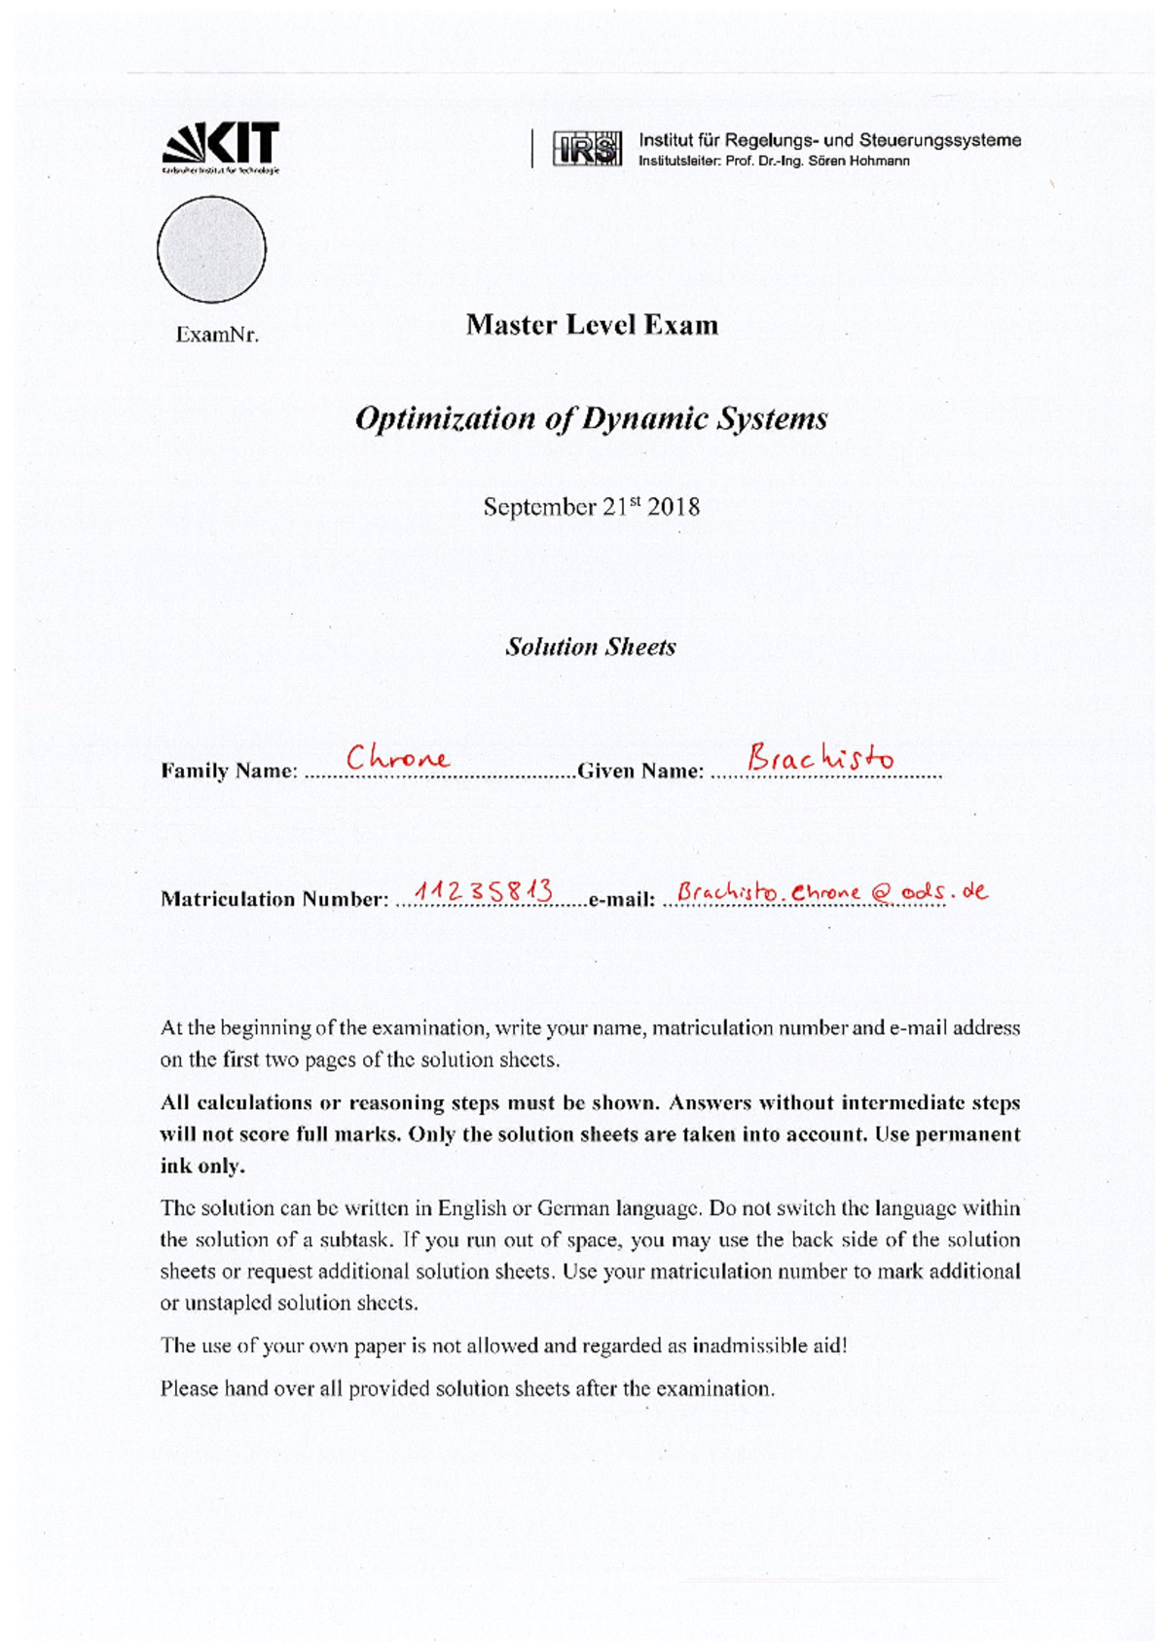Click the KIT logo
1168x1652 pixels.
(220, 147)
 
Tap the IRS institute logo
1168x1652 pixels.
(586, 149)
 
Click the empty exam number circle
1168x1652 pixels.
(211, 249)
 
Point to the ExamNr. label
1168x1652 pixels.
(216, 336)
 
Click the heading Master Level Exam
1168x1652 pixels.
(591, 325)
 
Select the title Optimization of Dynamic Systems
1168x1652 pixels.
(591, 418)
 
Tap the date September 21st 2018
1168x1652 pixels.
(591, 507)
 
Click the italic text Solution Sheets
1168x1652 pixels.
(590, 647)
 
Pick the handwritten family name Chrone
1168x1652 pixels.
(397, 757)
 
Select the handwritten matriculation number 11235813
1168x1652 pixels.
(484, 889)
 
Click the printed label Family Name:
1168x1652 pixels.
(228, 772)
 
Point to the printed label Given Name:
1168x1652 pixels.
(639, 772)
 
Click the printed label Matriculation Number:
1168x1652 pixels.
(274, 899)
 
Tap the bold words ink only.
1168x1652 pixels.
(202, 1166)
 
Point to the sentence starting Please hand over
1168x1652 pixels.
(467, 1389)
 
